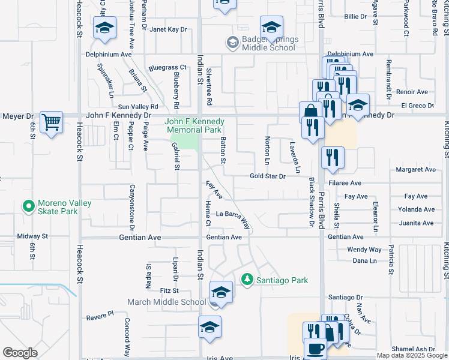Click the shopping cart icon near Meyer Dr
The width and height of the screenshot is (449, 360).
(x=52, y=122)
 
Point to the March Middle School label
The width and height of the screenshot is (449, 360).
(x=166, y=302)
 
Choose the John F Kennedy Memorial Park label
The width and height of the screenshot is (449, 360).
(x=194, y=125)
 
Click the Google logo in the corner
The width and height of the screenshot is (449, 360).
(x=20, y=353)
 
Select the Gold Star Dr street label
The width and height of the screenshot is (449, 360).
(x=268, y=176)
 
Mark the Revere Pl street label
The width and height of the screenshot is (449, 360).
(x=100, y=314)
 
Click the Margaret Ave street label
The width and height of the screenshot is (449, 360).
(x=416, y=170)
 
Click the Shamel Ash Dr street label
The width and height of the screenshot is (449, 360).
(x=413, y=349)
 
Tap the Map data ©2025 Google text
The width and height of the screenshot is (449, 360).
(x=411, y=355)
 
